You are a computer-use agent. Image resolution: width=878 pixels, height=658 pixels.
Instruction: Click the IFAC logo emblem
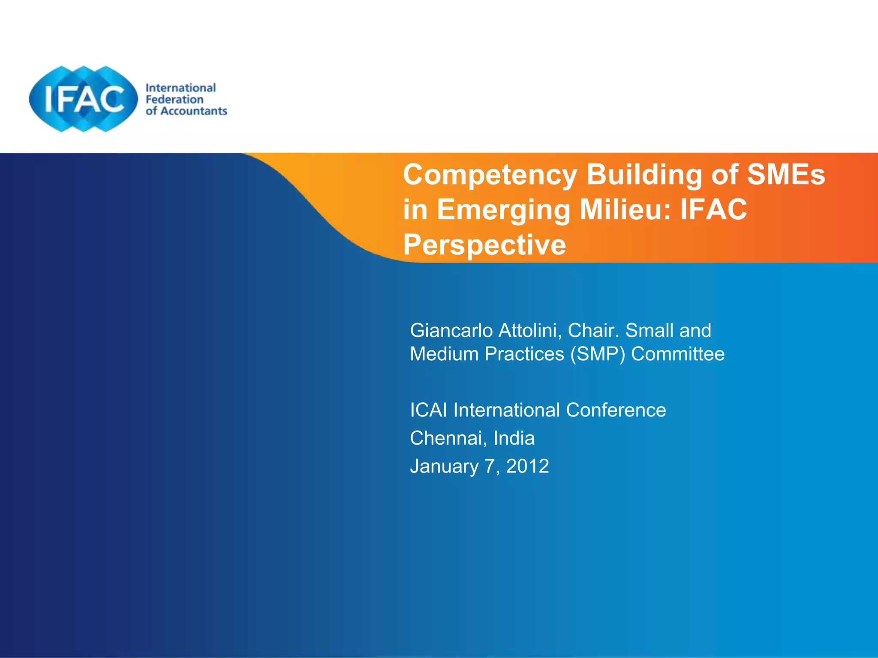[84, 99]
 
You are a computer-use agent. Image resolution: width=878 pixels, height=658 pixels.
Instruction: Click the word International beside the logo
[180, 88]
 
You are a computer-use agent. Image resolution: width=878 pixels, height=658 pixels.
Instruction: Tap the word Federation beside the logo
[174, 99]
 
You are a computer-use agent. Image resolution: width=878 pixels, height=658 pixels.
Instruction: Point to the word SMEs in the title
[786, 175]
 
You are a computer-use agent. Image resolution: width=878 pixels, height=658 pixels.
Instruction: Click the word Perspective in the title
[484, 245]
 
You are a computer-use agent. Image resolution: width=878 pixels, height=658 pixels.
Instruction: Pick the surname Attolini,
[530, 331]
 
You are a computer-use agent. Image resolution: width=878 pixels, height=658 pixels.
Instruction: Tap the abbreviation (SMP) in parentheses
[598, 354]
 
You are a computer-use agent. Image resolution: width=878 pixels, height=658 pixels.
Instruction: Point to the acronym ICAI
[429, 410]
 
